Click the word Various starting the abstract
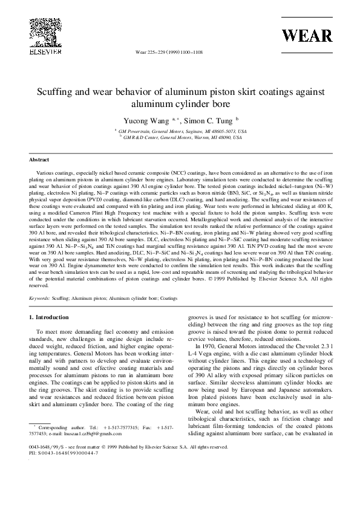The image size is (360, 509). tap(45, 172)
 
